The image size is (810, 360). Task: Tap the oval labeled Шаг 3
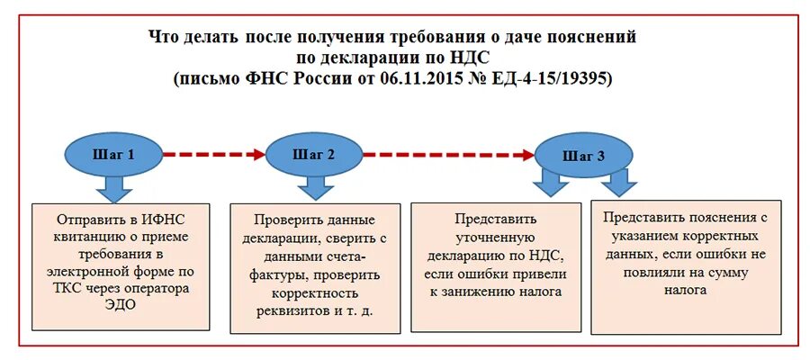pyautogui.click(x=582, y=155)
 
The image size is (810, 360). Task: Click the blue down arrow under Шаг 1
pyautogui.click(x=113, y=188)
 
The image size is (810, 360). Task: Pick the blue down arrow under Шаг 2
pyautogui.click(x=314, y=187)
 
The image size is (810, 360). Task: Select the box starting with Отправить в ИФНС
pyautogui.click(x=121, y=266)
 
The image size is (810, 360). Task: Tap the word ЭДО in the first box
pyautogui.click(x=122, y=306)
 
